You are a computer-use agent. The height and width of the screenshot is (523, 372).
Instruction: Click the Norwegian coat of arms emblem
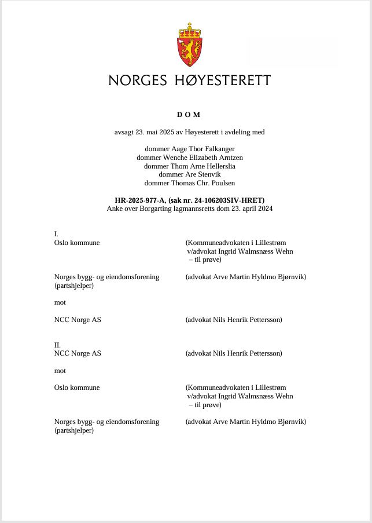point(189,45)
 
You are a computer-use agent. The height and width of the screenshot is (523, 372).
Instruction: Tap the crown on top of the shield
point(189,30)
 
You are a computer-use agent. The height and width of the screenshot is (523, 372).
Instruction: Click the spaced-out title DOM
point(189,115)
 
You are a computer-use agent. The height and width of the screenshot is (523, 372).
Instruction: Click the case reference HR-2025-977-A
point(140,200)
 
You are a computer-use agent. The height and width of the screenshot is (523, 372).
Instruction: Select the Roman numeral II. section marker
point(57,345)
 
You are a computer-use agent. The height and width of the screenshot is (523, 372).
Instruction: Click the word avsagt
point(124,132)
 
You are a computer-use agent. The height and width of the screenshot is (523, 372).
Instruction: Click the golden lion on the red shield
point(189,51)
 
